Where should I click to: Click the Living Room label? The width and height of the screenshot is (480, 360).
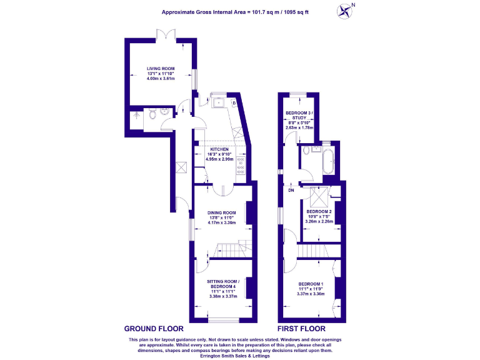(161, 68)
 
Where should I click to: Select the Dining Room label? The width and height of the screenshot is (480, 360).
(221, 212)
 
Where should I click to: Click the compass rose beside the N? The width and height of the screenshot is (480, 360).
(344, 11)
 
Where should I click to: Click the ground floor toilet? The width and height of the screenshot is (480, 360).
(151, 114)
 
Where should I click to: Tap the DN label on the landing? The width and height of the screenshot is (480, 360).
(291, 191)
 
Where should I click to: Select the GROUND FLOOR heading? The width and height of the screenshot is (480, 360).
(154, 328)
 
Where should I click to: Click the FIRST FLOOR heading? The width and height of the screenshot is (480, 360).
(302, 328)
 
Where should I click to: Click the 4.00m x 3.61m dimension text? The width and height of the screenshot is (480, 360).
(161, 78)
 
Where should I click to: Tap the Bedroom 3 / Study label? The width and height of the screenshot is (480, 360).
(298, 116)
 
